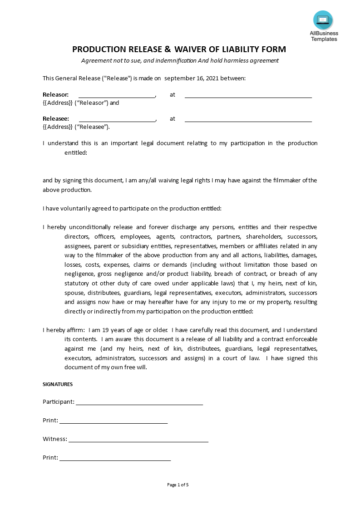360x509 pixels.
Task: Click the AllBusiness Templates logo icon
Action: [x=323, y=20]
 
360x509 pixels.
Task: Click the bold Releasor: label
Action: [x=56, y=95]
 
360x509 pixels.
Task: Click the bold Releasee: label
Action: [x=56, y=119]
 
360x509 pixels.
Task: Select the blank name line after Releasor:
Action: [x=117, y=96]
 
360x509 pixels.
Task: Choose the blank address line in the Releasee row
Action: [x=248, y=120]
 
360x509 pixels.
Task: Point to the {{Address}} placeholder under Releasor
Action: [x=58, y=103]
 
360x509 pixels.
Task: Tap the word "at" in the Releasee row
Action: [x=173, y=119]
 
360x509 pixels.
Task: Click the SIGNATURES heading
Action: [x=58, y=384]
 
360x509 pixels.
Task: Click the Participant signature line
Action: [x=139, y=402]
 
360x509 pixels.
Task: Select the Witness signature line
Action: [x=138, y=440]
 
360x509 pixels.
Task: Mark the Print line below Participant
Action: [x=113, y=421]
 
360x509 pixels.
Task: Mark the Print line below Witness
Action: [x=115, y=458]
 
